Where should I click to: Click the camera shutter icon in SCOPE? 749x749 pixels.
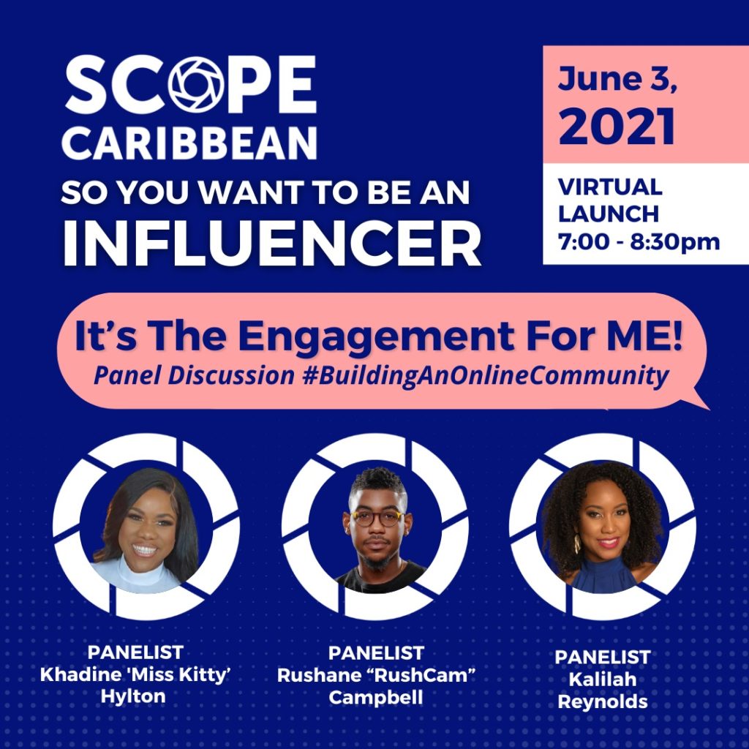point(196,84)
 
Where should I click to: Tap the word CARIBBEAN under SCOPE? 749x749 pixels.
point(189,143)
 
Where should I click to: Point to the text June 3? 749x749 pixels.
point(617,79)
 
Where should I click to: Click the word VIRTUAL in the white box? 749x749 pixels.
point(610,187)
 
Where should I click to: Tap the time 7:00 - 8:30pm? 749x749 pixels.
point(639,241)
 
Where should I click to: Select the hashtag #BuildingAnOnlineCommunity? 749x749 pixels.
point(486,375)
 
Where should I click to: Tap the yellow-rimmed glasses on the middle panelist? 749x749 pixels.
point(377,518)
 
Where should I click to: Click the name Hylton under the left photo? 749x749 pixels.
point(133,696)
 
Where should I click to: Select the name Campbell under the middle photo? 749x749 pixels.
point(376,697)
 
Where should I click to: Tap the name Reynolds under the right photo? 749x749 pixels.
point(603,702)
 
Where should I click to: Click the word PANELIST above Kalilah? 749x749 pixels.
point(603,658)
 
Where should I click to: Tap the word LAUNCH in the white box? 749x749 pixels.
point(609,214)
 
